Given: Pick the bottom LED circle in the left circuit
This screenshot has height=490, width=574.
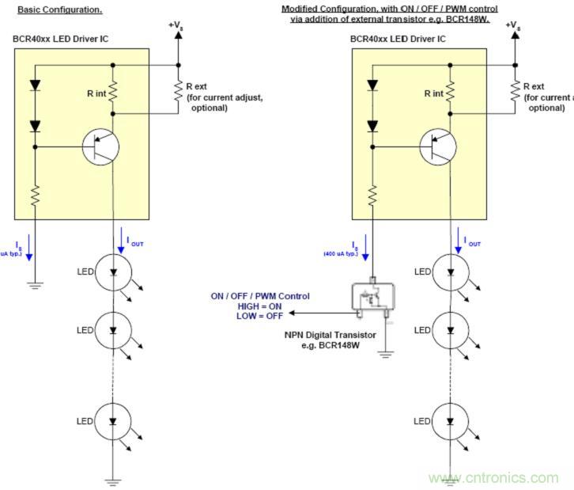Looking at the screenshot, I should pos(112,421).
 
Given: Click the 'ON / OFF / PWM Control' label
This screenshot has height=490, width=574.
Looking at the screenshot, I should pos(260,296).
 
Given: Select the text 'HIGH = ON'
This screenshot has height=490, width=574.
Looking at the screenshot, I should pos(260,306).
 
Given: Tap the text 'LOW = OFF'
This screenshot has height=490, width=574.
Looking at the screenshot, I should pos(260,315).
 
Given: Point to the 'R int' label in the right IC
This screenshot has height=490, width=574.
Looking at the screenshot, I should pos(433,93).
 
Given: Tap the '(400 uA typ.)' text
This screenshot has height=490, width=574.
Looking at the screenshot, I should pos(339,254).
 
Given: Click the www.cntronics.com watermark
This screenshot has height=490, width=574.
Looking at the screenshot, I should pos(493,478).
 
